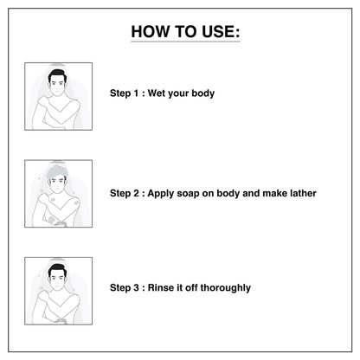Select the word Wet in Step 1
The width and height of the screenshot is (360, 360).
(157, 93)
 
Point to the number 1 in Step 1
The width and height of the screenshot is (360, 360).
(136, 93)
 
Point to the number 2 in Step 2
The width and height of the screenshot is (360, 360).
(136, 193)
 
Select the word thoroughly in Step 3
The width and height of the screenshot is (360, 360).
(225, 288)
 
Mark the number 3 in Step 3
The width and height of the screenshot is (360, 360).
(136, 287)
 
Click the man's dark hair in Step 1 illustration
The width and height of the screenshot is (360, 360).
(58, 75)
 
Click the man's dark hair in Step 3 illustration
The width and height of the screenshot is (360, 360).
(58, 270)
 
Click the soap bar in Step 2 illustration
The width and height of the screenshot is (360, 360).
(61, 223)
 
